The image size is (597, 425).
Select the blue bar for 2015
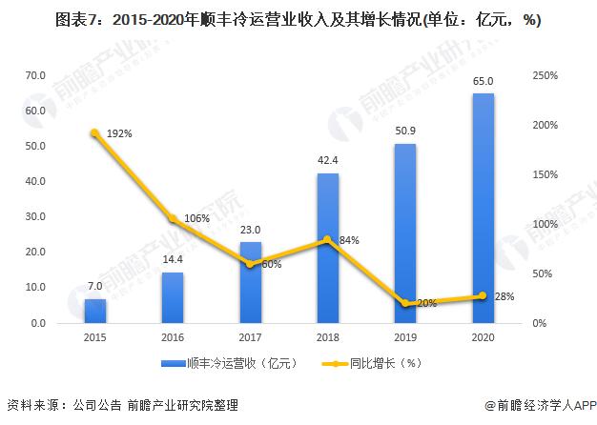94,311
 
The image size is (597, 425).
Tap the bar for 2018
327,248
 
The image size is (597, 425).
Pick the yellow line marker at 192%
94,133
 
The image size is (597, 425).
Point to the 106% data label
196,218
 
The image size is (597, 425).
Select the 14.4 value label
172,260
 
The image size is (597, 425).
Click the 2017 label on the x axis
250,338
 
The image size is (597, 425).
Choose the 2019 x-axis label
404,338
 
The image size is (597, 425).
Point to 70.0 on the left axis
36,75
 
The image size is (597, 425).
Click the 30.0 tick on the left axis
36,217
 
